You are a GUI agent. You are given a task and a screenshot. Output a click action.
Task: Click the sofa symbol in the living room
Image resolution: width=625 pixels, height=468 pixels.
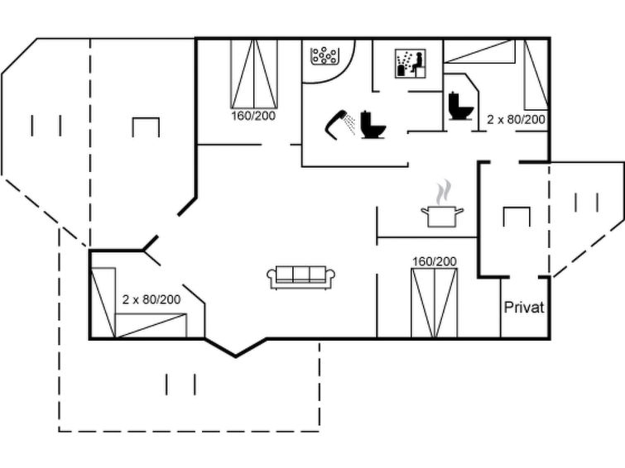[300, 277]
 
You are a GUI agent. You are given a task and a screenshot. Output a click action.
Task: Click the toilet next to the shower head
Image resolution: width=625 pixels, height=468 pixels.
[373, 125]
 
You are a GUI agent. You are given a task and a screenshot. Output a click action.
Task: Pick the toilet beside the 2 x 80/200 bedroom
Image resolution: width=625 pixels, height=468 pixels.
[459, 106]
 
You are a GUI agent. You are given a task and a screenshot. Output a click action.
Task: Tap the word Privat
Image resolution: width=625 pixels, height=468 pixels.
[524, 308]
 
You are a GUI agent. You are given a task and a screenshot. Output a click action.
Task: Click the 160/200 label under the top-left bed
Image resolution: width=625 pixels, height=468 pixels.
[253, 116]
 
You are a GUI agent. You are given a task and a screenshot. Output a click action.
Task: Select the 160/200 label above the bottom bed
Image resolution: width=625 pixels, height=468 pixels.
[434, 261]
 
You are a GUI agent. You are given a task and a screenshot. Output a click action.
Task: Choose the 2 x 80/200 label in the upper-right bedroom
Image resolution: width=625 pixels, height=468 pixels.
[516, 120]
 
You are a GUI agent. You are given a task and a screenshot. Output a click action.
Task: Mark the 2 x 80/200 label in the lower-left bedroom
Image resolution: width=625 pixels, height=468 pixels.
[151, 298]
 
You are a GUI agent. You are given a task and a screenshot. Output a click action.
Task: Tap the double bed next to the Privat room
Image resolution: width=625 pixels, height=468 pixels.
[434, 303]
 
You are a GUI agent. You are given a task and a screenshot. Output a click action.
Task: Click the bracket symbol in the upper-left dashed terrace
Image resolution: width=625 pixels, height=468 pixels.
[146, 127]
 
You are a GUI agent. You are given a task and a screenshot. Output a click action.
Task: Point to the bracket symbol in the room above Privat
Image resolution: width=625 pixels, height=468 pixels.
[517, 215]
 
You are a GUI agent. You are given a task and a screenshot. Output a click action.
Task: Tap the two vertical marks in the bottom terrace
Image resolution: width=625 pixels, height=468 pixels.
[180, 384]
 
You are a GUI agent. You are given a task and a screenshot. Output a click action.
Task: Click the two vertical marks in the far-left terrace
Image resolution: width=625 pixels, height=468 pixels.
[46, 126]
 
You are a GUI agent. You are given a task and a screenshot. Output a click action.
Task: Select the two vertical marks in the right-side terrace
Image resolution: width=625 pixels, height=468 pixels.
[586, 202]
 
